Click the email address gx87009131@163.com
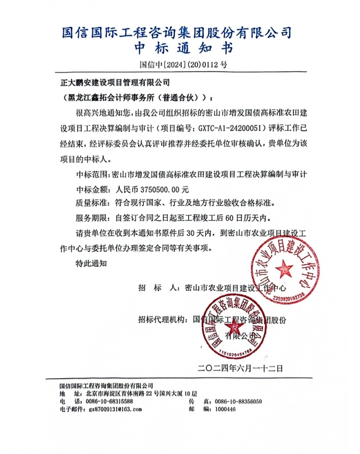coord(115,409)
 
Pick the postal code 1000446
coord(226,409)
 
